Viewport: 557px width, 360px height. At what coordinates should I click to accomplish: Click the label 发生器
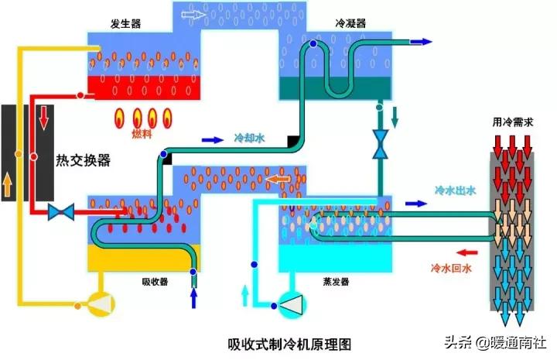pyautogui.click(x=125, y=25)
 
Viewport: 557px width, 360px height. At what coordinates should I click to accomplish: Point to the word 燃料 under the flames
pyautogui.click(x=142, y=134)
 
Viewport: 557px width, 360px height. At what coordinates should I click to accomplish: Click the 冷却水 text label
pyautogui.click(x=249, y=140)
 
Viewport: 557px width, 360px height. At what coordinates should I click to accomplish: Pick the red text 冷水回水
pyautogui.click(x=452, y=269)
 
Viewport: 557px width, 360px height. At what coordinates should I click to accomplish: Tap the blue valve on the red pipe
pyautogui.click(x=60, y=211)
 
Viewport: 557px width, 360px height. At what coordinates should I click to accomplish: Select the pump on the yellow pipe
pyautogui.click(x=101, y=305)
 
